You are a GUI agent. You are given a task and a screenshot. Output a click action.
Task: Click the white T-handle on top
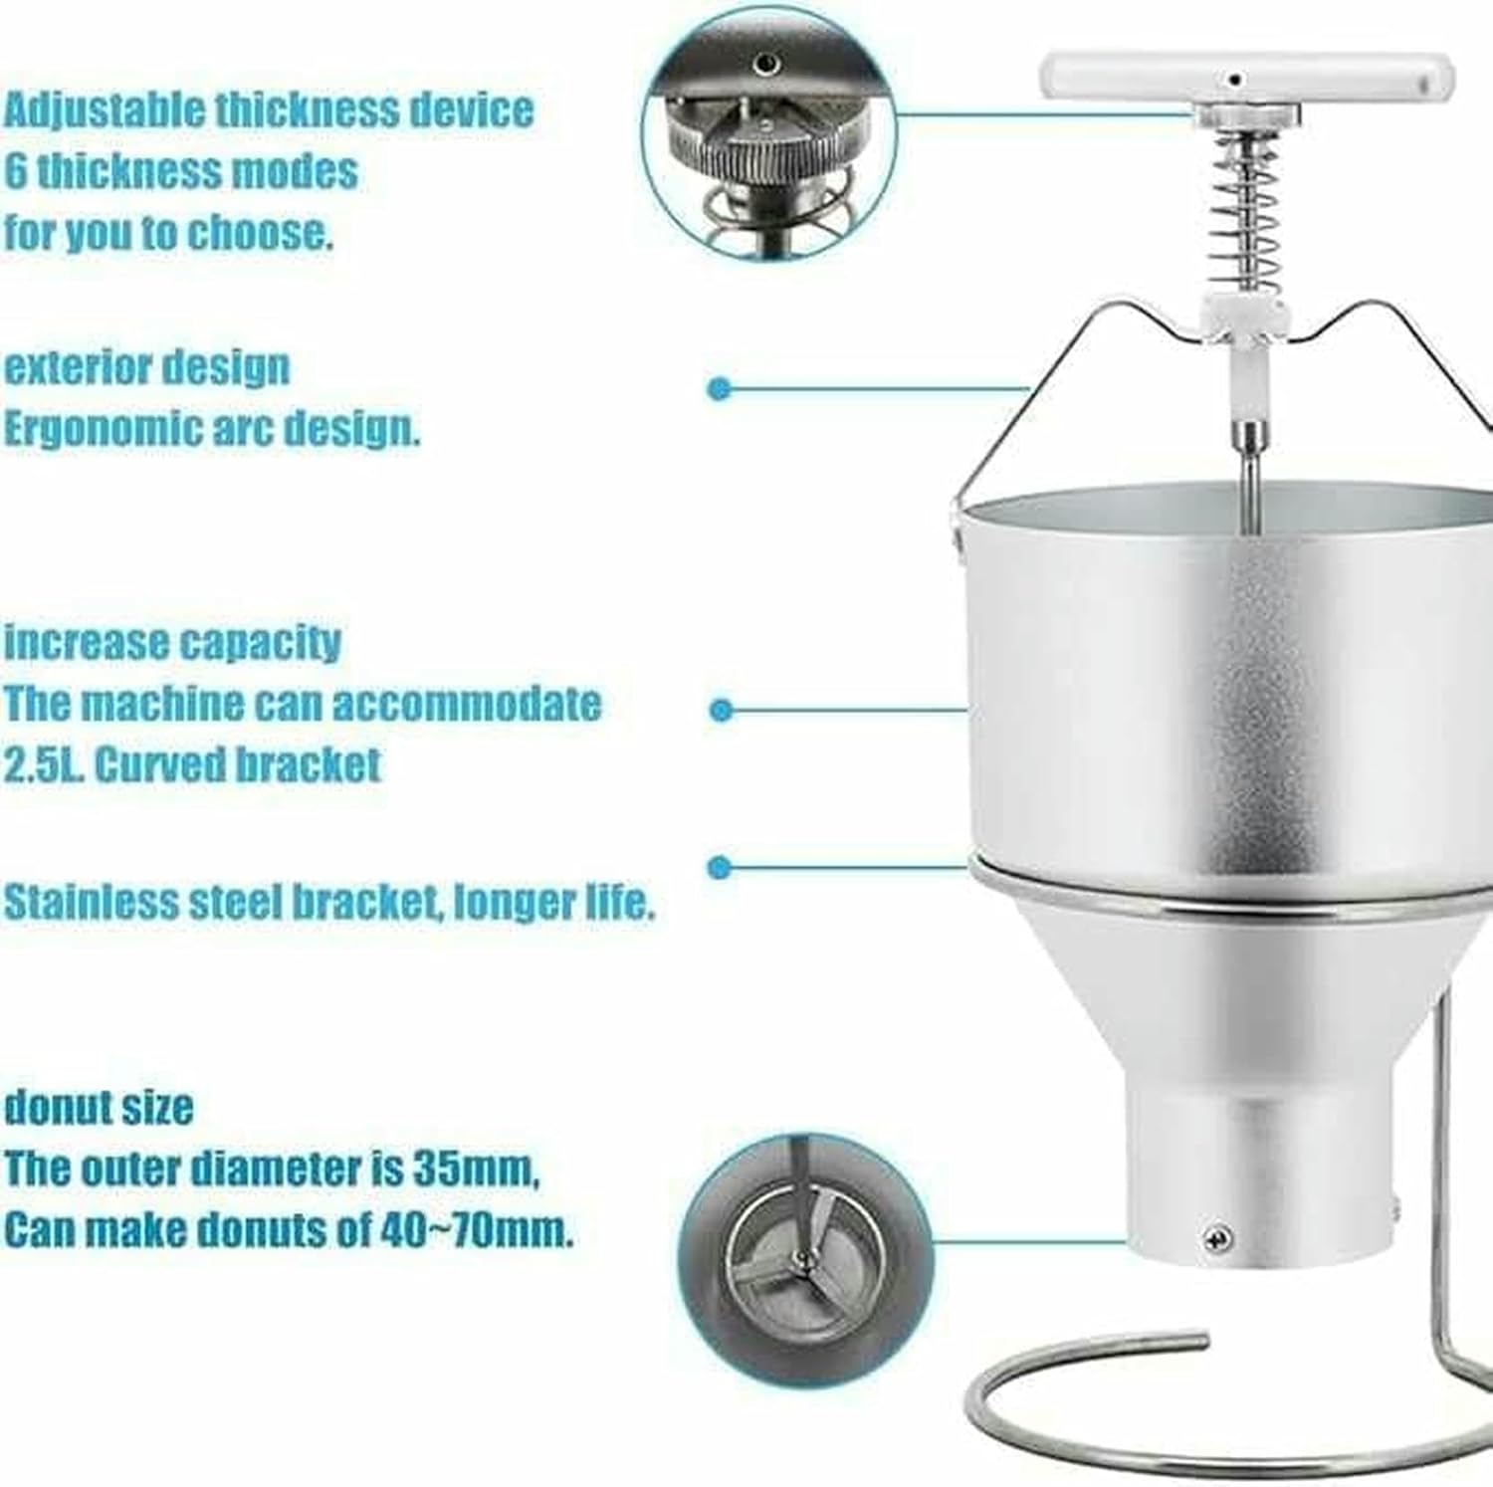pos(1244,78)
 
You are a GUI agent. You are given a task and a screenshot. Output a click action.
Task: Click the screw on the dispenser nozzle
pos(1215,1237)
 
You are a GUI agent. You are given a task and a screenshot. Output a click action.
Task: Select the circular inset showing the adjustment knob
pos(766,134)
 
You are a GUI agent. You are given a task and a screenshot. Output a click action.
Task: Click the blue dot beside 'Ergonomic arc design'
pos(719,388)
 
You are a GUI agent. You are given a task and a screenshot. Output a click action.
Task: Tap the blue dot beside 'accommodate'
pos(722,710)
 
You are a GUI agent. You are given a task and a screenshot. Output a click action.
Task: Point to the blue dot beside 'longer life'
pos(720,867)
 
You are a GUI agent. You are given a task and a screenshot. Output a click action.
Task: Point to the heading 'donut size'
pos(99,1108)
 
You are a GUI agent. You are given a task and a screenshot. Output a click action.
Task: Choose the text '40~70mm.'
pos(477,1232)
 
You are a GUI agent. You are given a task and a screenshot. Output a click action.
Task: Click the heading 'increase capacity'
pos(172,643)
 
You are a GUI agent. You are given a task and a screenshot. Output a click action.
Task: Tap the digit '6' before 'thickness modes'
pos(16,171)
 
